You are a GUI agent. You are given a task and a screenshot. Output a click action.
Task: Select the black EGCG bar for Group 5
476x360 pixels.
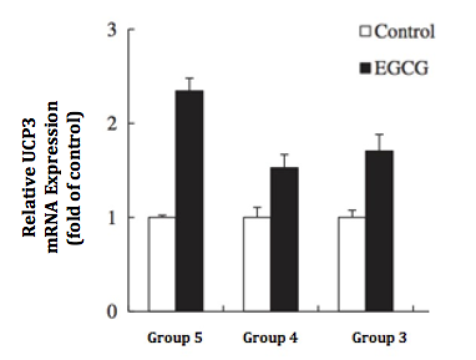coord(189,201)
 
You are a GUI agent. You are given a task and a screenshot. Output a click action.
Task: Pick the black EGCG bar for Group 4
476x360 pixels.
coord(284,239)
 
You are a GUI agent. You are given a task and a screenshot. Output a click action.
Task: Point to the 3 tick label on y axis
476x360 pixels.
coord(113,30)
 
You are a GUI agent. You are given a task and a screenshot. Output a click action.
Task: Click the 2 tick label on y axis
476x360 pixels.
coord(113,123)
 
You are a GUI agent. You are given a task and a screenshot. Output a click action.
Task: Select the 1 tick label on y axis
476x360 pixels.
coord(113,217)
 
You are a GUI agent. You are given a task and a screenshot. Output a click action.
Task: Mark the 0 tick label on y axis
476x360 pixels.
coord(113,311)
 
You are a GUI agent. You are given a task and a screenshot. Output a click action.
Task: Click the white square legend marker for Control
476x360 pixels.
coord(366,32)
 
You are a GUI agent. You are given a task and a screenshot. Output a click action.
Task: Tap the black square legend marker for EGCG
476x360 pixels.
coord(366,68)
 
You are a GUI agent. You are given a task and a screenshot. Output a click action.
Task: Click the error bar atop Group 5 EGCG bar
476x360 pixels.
coord(189,83)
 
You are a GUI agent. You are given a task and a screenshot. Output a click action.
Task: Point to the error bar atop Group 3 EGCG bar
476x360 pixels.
coord(379,141)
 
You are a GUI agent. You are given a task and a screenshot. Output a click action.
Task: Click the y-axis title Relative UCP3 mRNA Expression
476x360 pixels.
coord(52,168)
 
